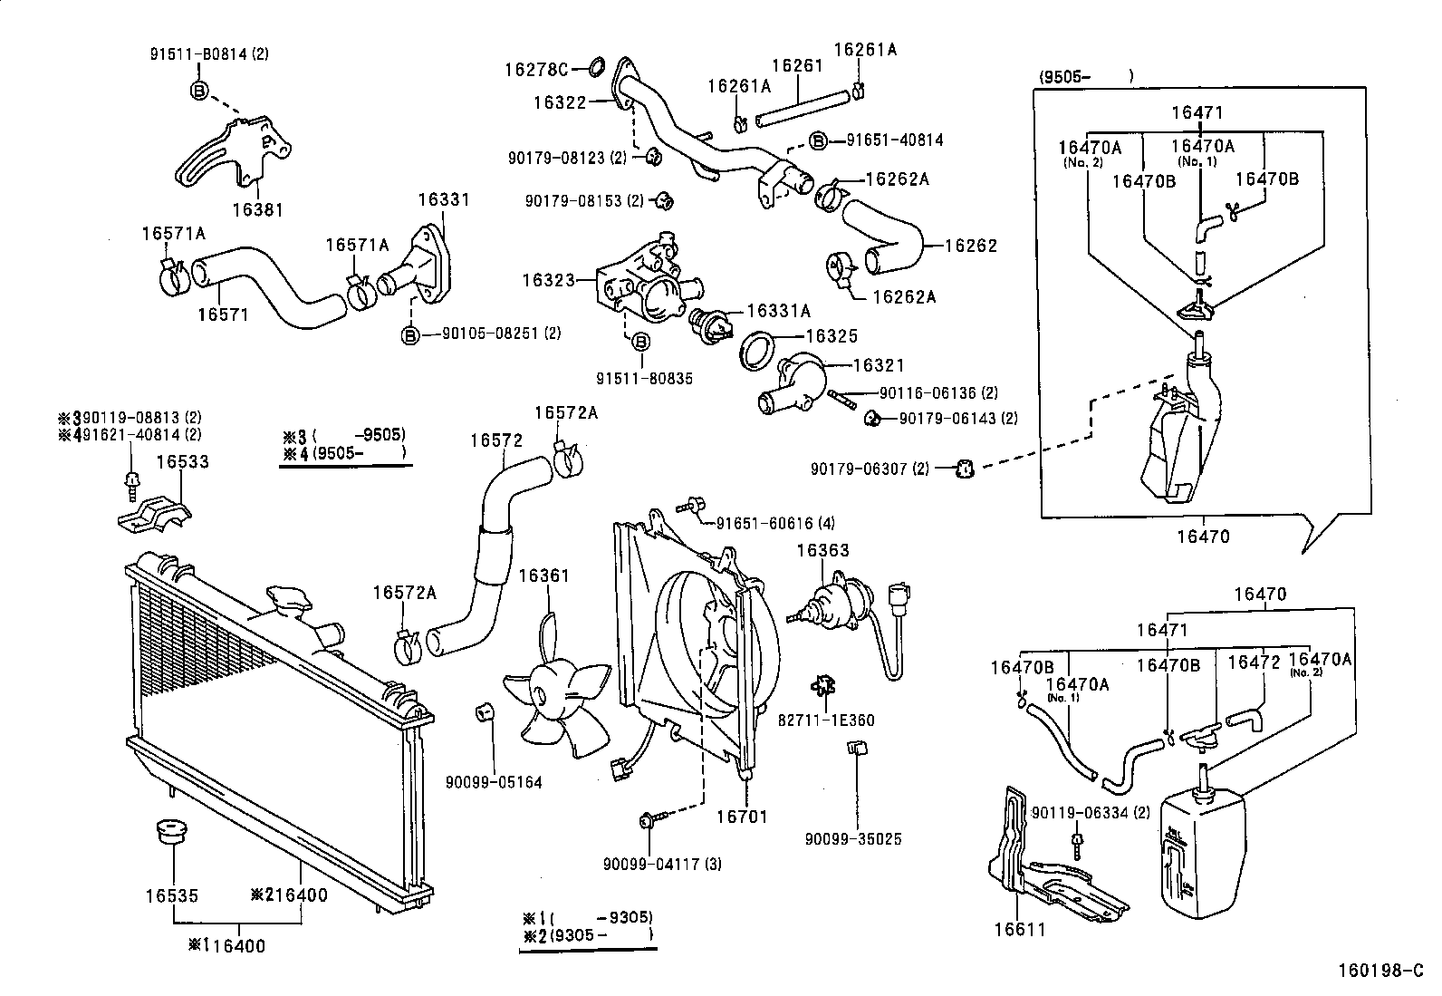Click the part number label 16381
click(x=257, y=209)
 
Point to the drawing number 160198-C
click(x=1380, y=972)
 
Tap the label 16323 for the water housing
click(x=548, y=280)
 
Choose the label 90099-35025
click(x=853, y=839)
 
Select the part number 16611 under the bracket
click(x=1020, y=929)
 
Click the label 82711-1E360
click(x=827, y=720)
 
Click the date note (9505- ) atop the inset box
click(x=1086, y=77)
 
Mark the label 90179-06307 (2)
click(x=870, y=469)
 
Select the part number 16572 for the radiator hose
click(x=495, y=440)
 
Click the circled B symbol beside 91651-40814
click(x=817, y=140)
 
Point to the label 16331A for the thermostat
click(x=778, y=311)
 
